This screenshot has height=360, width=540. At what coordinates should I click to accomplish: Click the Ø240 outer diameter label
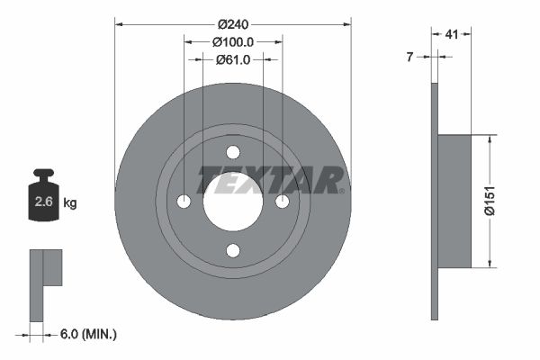(x=232, y=24)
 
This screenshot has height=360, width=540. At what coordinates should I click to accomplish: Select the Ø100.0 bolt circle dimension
(x=232, y=41)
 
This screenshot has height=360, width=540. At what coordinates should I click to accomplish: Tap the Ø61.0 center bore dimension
(x=232, y=59)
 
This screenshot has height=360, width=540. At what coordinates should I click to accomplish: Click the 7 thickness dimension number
(x=409, y=57)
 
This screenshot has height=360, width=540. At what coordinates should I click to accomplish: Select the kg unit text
(x=70, y=203)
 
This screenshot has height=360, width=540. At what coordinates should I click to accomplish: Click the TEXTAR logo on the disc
(x=270, y=180)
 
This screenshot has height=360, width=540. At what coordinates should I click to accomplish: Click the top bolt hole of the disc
(x=233, y=152)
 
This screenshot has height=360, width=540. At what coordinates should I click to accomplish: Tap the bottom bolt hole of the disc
(x=233, y=250)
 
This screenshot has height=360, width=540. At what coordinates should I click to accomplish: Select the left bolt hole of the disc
(x=184, y=201)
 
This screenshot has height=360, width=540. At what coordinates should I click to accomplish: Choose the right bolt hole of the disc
(x=282, y=201)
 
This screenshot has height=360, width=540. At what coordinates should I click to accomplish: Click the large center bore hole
(x=233, y=201)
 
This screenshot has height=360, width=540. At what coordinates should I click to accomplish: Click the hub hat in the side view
(x=454, y=201)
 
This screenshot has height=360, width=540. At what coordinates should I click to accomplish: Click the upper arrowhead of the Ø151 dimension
(x=490, y=140)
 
